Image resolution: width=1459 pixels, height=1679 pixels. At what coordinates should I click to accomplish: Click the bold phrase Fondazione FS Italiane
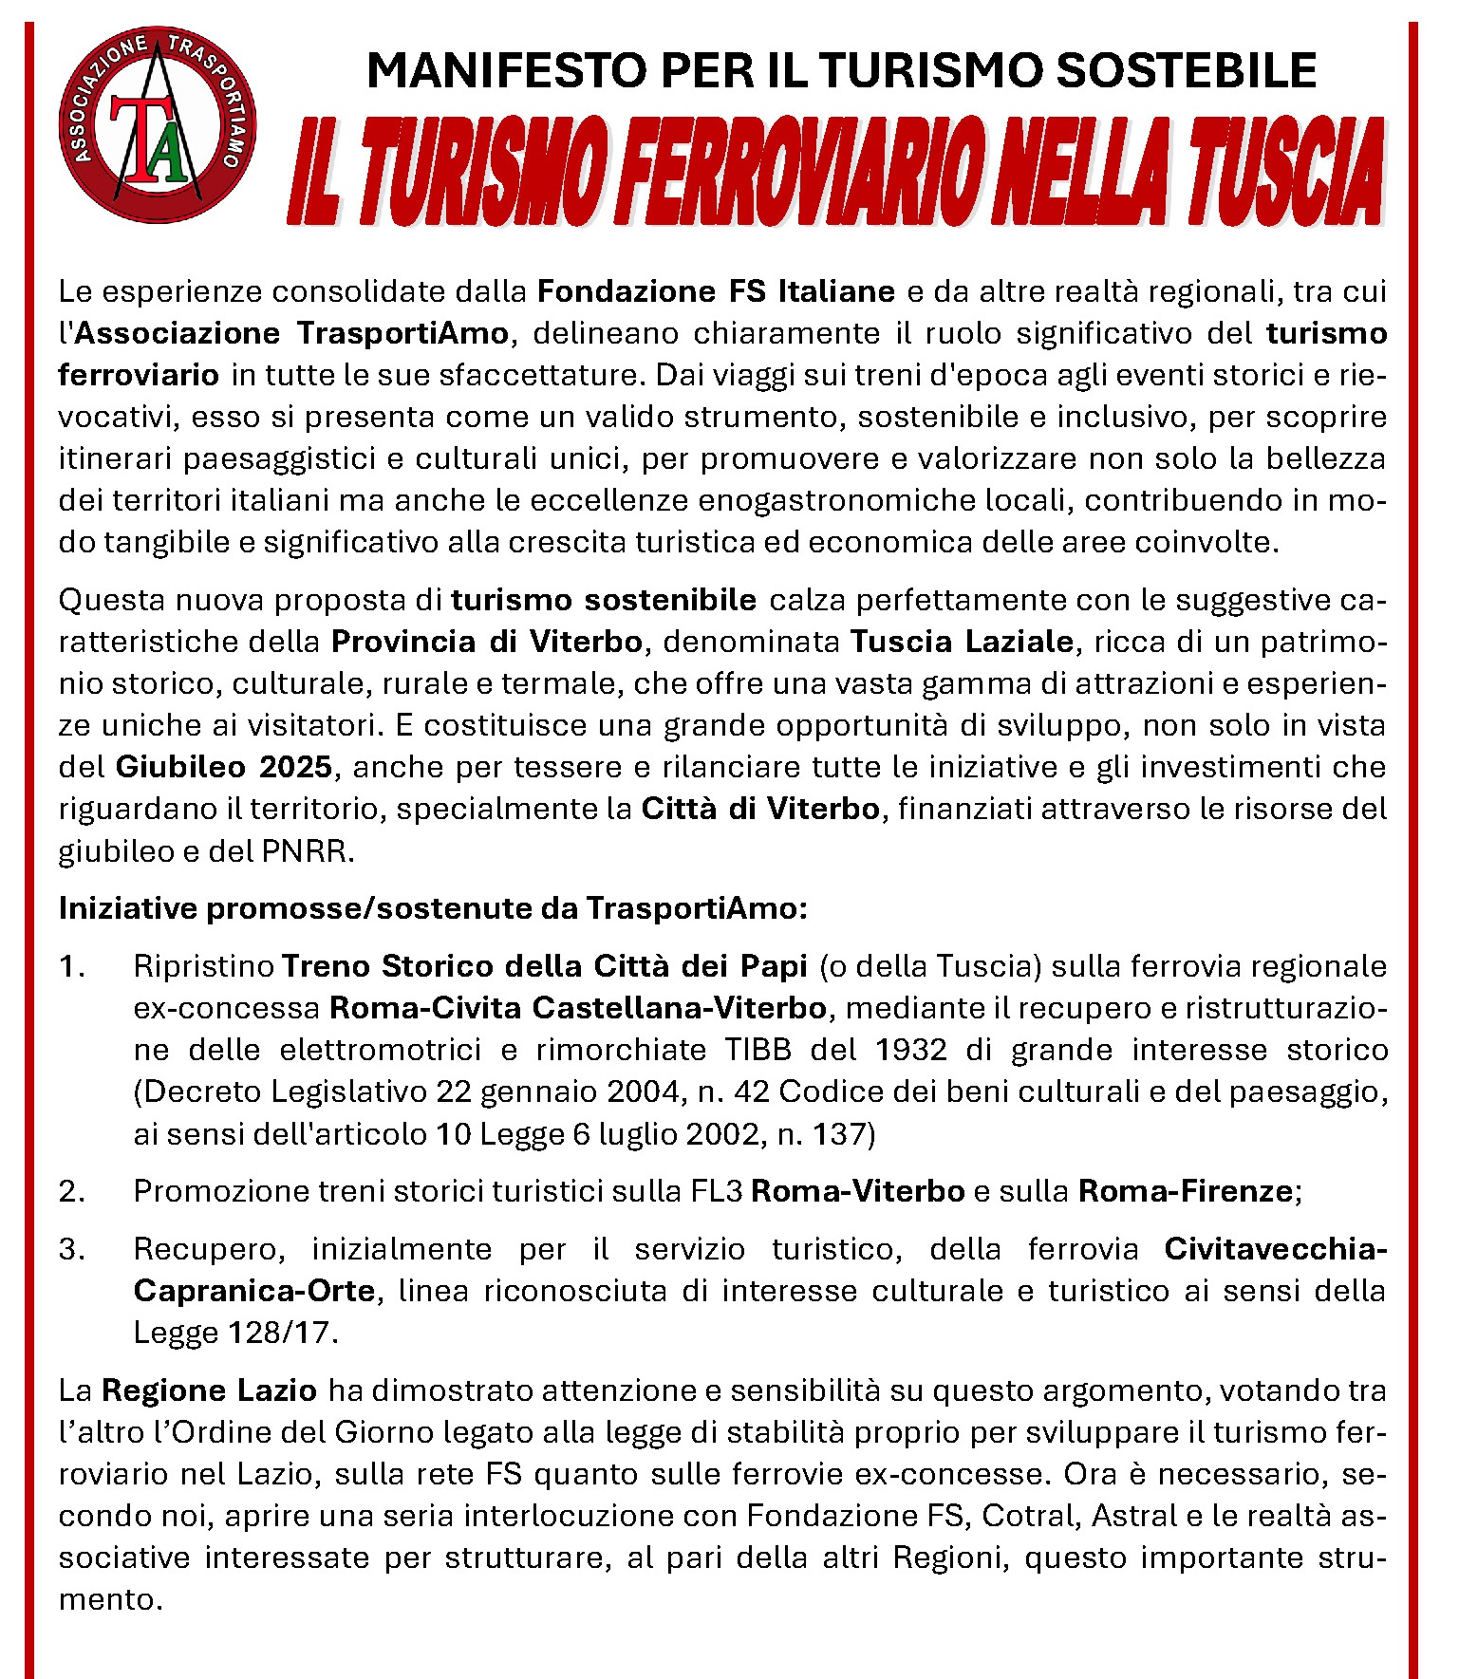tap(716, 290)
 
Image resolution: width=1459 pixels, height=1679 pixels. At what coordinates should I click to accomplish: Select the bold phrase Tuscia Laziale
tap(962, 642)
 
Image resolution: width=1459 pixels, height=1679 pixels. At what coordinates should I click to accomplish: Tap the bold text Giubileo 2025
tap(224, 767)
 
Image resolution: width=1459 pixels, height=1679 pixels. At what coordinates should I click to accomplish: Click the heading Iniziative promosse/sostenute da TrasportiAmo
tap(433, 908)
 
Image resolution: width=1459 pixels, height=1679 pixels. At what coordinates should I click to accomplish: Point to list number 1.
tap(71, 966)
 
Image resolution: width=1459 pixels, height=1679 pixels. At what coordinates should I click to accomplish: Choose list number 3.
tap(71, 1249)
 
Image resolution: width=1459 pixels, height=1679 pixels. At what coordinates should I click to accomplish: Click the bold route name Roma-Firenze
tap(1185, 1191)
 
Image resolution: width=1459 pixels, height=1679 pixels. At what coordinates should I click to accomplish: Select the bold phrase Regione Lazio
tap(209, 1390)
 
